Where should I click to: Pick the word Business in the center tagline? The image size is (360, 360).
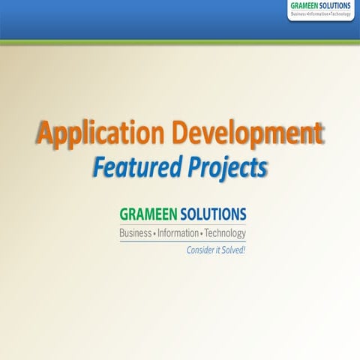[134, 234]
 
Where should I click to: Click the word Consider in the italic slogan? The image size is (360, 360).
[199, 250]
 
